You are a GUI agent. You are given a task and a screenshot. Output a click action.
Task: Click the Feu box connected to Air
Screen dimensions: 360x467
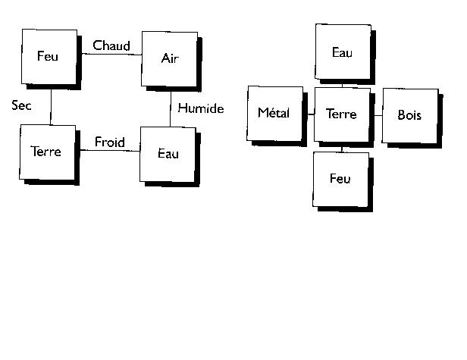[49, 56]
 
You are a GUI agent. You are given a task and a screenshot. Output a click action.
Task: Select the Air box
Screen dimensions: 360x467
[170, 59]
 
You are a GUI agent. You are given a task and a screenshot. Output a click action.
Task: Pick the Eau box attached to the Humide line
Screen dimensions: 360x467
[168, 154]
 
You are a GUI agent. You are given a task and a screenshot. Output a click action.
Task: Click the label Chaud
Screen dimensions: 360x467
[111, 46]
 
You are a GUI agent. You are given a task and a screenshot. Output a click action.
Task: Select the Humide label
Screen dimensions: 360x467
[201, 109]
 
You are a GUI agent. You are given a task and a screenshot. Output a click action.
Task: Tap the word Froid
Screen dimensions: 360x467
[110, 142]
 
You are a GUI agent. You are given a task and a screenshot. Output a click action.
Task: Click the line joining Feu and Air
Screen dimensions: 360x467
[109, 54]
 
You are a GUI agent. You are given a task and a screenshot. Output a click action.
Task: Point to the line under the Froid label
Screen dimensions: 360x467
[109, 150]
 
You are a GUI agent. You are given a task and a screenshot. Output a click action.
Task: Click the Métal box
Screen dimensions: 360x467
[274, 114]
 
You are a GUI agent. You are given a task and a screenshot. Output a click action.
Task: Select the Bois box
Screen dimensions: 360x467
[409, 115]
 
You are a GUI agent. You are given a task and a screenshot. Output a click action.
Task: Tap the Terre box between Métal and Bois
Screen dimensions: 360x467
[341, 114]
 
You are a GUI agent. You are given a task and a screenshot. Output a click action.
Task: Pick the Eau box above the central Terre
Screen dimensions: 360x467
[343, 52]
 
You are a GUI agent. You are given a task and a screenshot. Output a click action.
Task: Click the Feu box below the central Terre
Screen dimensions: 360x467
[340, 180]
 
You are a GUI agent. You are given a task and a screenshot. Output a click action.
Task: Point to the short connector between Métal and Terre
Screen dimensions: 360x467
[311, 114]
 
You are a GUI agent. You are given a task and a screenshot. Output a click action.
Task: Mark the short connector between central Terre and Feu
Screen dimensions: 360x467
[341, 149]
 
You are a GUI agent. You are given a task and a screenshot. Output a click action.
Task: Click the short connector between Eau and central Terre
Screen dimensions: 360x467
[343, 84]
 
